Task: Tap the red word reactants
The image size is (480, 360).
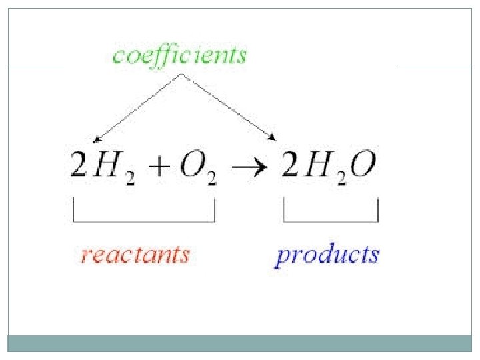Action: tap(135, 255)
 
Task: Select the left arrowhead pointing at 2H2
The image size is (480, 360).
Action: tap(97, 139)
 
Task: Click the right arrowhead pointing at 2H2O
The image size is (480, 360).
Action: tap(273, 138)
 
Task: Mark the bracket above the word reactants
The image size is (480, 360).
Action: tap(144, 220)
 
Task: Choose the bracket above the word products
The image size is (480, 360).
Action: tap(331, 220)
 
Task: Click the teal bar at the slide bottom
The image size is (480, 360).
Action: tap(240, 343)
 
